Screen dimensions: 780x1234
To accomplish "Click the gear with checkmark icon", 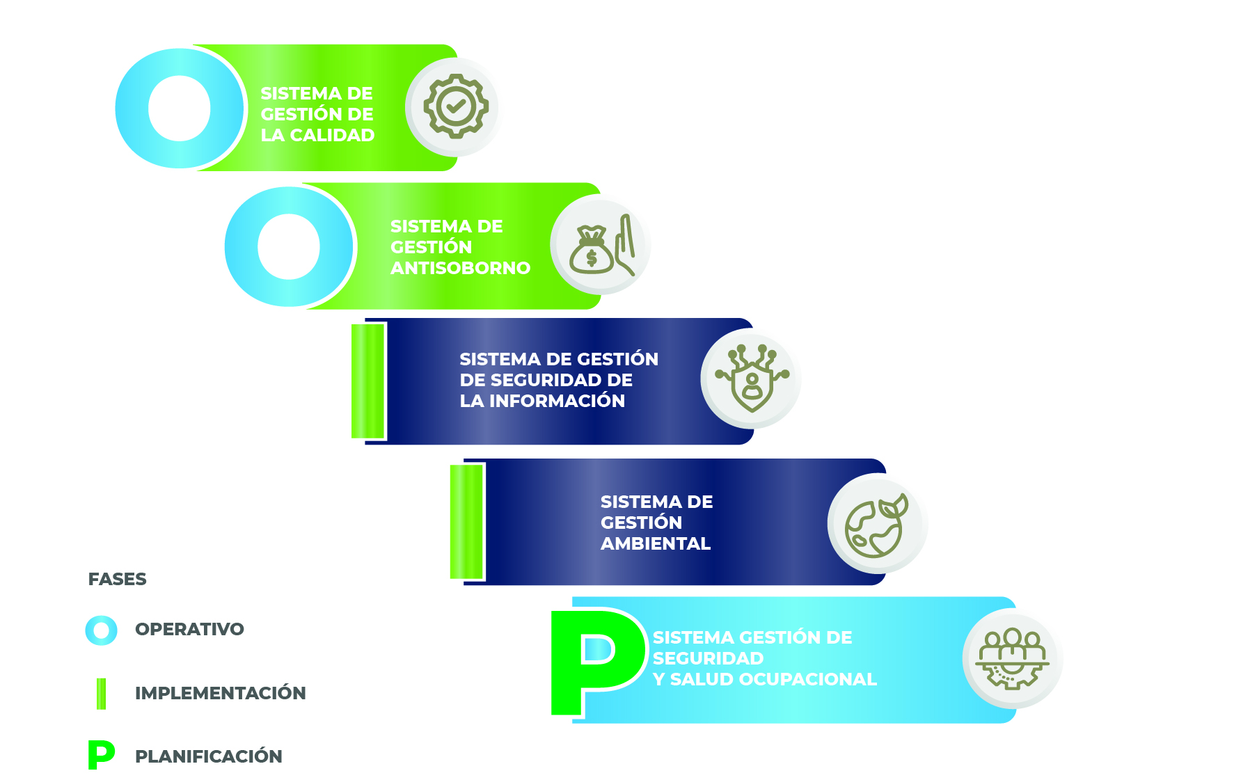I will click(456, 106).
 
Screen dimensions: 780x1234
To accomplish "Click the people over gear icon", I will click(1013, 658).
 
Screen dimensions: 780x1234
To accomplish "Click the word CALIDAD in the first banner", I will click(332, 135).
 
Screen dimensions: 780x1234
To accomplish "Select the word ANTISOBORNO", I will click(460, 268).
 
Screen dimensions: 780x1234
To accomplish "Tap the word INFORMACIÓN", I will click(557, 401).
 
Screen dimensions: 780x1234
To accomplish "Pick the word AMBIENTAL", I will click(655, 543).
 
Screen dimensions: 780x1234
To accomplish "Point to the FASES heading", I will click(117, 579).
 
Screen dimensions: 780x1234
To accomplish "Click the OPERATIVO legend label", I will click(189, 629).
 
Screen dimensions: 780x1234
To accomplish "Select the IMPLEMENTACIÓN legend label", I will click(220, 693).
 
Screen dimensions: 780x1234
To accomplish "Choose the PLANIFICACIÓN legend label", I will click(208, 756).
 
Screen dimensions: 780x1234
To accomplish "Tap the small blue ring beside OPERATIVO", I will click(102, 630).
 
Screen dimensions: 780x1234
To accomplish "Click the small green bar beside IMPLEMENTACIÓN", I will click(102, 694).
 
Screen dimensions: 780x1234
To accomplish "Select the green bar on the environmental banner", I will click(466, 522).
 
